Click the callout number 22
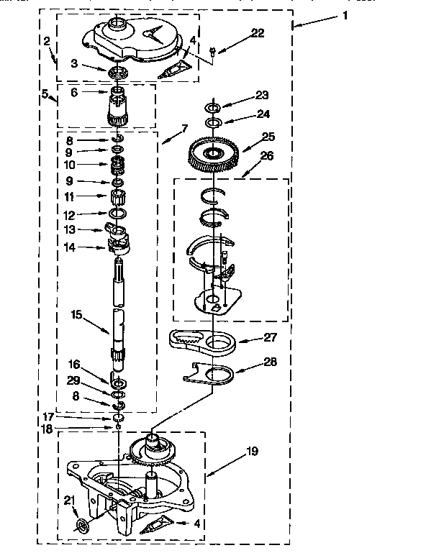coord(258,33)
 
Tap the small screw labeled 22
coord(212,52)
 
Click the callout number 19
coord(252,451)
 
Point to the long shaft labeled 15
coord(119,314)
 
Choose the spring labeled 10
coord(117,165)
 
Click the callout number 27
coord(270,337)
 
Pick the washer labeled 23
coord(213,106)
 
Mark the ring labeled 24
coord(214,123)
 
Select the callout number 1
coord(345,16)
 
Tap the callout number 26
coord(266,155)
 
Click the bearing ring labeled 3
coord(118,73)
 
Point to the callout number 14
coord(70,247)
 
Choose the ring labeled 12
coord(118,213)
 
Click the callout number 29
coord(73,380)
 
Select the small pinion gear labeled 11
coord(118,197)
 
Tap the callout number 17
coord(48,417)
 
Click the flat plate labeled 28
coord(209,373)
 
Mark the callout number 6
coord(74,92)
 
